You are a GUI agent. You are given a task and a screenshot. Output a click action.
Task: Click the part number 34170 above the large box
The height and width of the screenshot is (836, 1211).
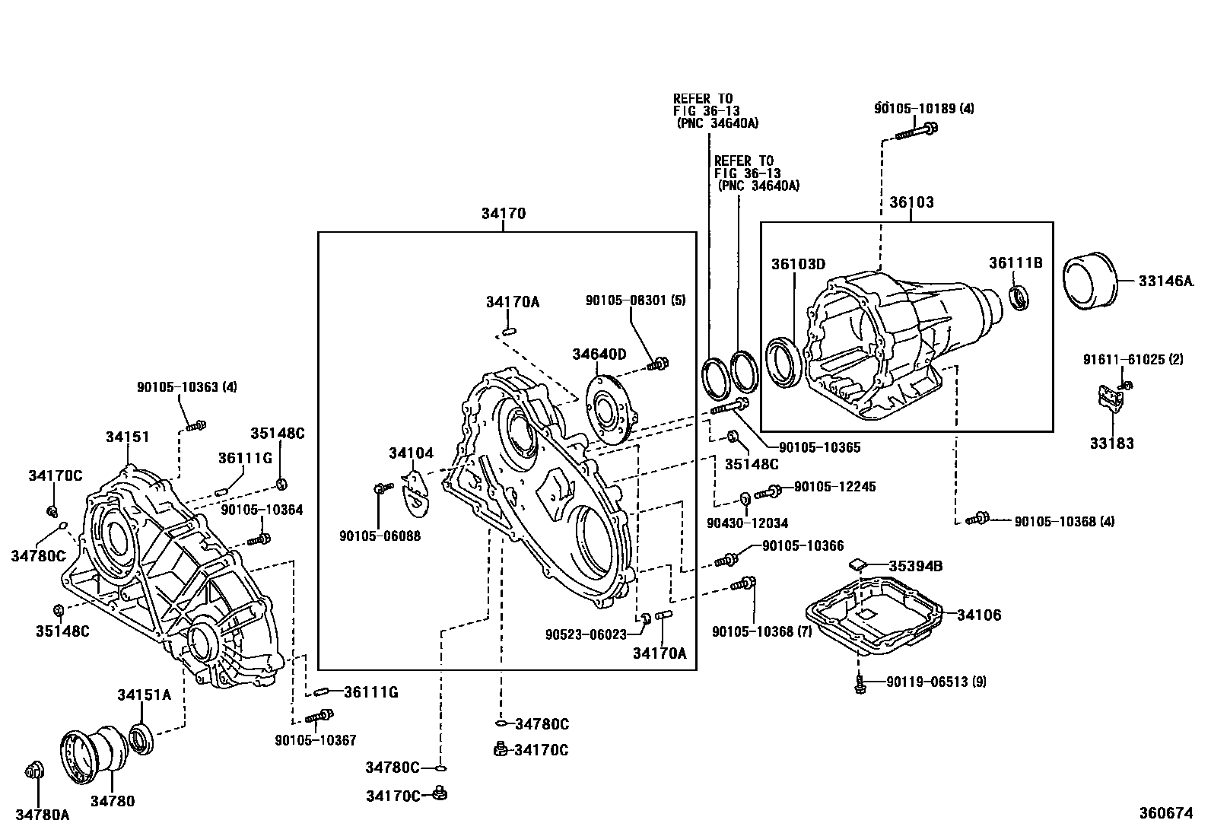coord(503,214)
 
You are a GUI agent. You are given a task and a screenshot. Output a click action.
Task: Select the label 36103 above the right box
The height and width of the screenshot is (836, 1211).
coord(911,202)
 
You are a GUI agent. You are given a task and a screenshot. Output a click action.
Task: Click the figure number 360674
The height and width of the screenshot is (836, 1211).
coord(1165,813)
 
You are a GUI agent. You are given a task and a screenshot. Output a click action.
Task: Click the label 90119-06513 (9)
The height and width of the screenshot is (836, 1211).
coord(936,682)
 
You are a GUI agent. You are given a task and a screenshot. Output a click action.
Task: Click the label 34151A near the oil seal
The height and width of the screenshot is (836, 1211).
coord(144,695)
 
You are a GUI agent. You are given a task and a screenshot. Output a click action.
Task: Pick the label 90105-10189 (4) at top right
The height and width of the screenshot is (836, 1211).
coord(923,108)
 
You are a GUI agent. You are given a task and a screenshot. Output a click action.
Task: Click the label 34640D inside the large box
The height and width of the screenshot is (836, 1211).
coord(599,354)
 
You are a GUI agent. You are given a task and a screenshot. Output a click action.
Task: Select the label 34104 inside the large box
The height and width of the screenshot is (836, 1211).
coord(411,453)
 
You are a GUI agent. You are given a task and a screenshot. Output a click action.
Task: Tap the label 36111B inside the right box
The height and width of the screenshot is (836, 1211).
coord(1015,263)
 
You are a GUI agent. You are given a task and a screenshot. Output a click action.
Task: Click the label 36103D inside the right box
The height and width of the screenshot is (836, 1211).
coord(798,264)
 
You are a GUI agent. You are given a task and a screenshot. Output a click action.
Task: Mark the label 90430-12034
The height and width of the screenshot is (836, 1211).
coord(746,523)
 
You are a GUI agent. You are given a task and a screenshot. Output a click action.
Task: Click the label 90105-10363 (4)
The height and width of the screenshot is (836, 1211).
coord(186,386)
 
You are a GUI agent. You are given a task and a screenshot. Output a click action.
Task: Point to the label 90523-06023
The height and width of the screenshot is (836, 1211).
coord(585,634)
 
